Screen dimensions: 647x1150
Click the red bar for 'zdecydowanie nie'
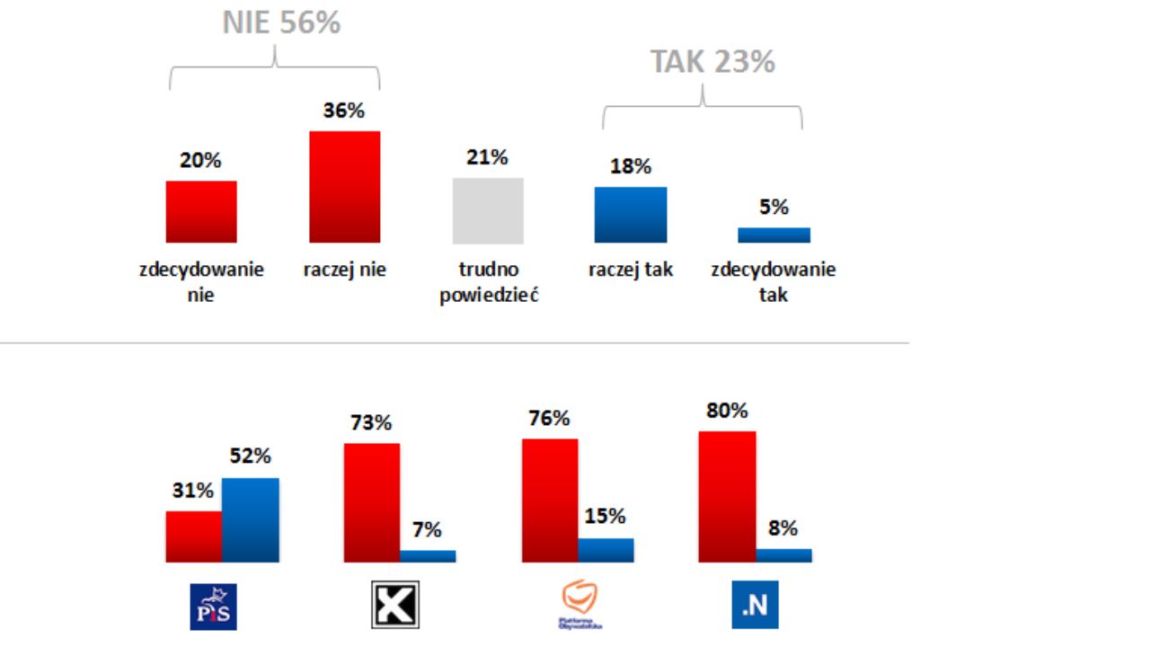pos(201,212)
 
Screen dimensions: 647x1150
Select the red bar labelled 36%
pos(345,187)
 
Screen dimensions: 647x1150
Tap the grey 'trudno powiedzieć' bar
pos(488,210)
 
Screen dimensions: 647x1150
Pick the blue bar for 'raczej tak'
pos(631,215)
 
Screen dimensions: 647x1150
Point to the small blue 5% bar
pos(774,235)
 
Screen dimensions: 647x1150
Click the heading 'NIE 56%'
pos(281,23)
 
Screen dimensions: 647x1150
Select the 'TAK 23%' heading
pos(712,62)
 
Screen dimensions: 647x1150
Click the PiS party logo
pos(214,607)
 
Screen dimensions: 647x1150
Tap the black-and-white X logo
pos(395,604)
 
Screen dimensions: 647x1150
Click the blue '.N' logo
pos(755,606)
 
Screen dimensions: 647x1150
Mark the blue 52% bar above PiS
pos(251,520)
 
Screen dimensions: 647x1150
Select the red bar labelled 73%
pos(372,502)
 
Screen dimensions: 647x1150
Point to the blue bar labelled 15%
pos(606,550)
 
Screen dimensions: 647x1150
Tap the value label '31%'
pos(193,492)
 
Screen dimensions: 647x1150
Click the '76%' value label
pos(548,419)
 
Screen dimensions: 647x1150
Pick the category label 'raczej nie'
pos(345,270)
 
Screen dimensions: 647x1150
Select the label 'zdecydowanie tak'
pos(774,281)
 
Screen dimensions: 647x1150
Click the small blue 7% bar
pos(428,556)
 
